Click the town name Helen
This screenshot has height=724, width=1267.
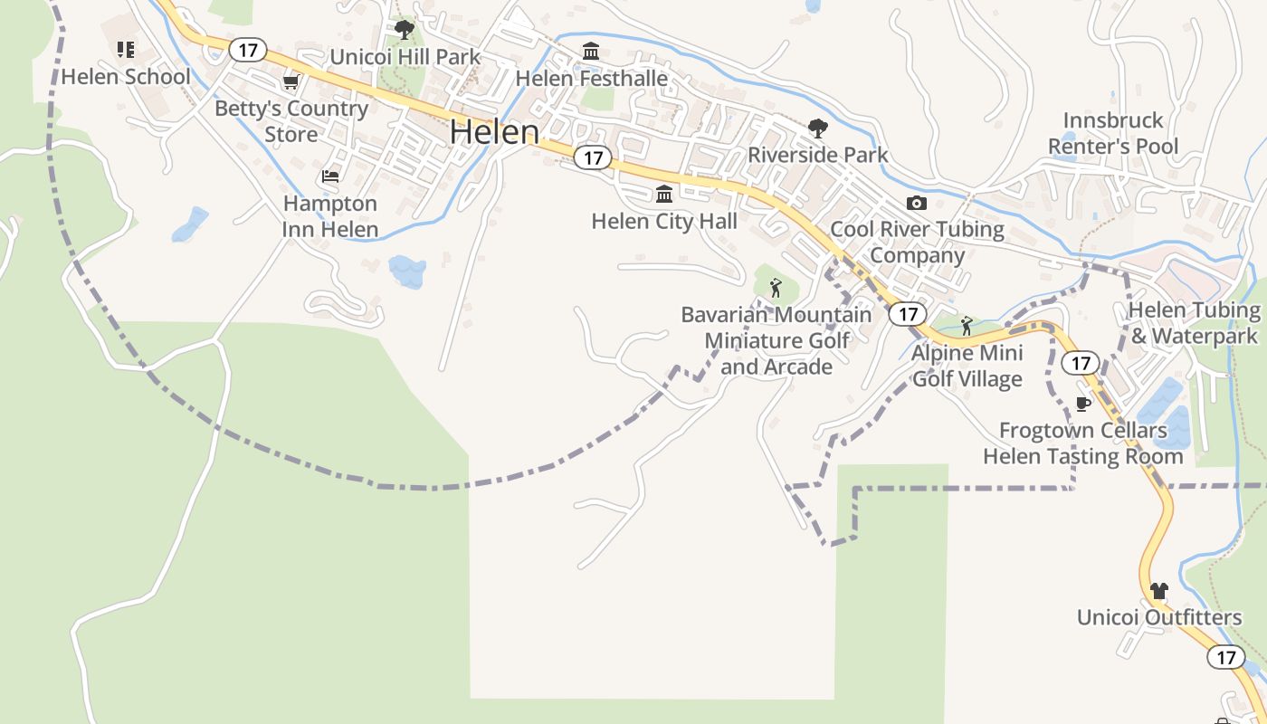494,132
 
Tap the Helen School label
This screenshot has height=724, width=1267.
126,76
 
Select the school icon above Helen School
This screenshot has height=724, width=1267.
126,49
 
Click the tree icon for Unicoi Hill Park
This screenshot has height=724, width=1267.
405,30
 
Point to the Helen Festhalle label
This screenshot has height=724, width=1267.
592,79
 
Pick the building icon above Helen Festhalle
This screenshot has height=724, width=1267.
591,51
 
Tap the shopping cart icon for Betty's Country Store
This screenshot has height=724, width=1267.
291,82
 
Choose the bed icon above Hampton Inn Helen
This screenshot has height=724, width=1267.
330,176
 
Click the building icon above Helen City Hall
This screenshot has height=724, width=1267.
664,194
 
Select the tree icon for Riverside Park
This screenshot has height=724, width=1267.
818,128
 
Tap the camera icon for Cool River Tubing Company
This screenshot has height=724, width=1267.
917,203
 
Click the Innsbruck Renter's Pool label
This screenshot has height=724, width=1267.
1113,133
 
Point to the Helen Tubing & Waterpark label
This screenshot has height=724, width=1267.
1195,323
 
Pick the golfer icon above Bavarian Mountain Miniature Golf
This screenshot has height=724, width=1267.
776,288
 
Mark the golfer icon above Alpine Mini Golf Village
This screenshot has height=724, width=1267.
967,326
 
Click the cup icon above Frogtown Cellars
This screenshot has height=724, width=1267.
1082,404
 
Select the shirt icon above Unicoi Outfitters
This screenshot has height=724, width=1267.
1158,591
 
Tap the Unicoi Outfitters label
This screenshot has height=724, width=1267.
1159,617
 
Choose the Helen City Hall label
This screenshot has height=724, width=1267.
664,221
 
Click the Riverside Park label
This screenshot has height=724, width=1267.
818,155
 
